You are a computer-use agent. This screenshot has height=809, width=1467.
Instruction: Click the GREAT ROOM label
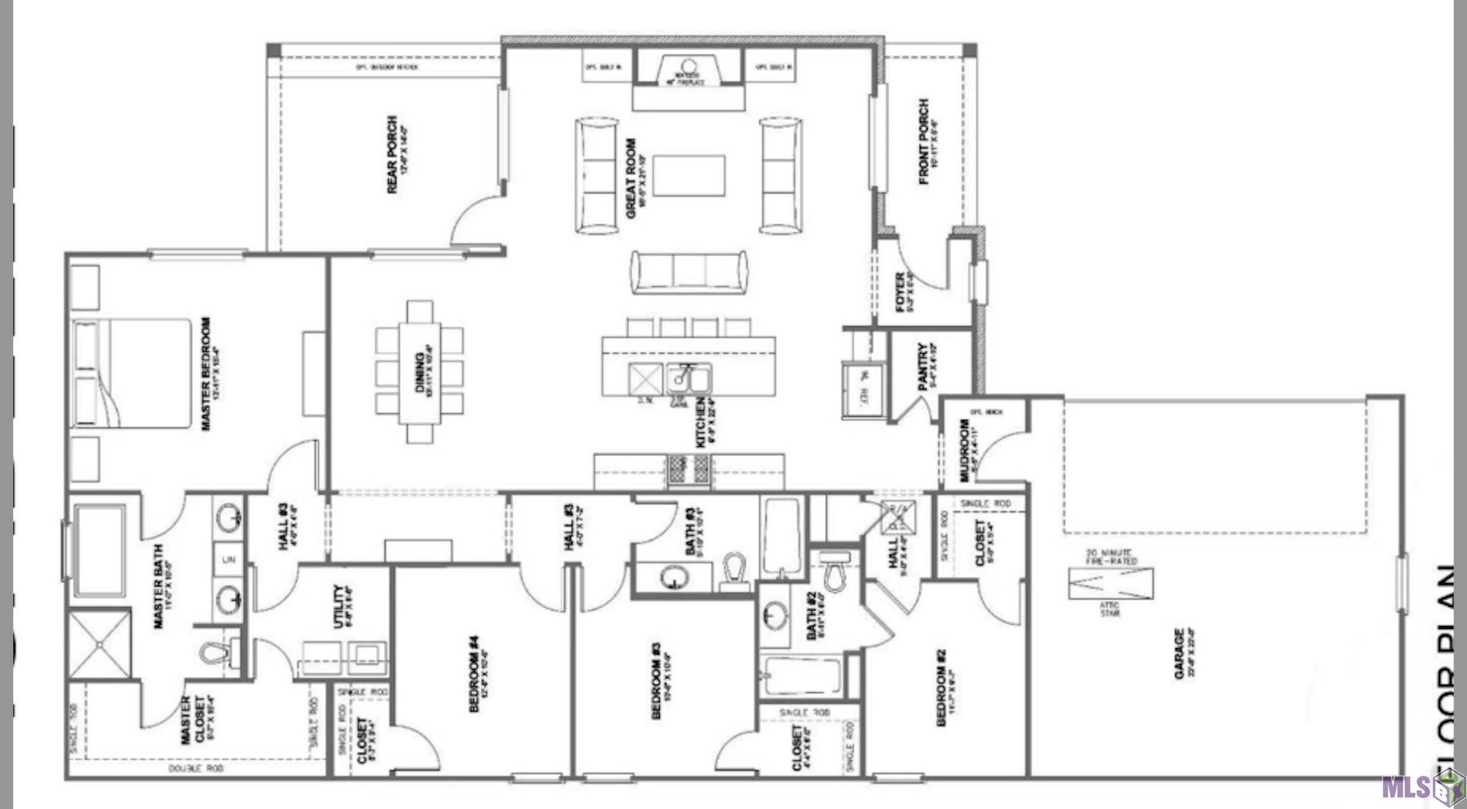[631, 178]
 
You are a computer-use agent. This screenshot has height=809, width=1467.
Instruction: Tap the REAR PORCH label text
[393, 154]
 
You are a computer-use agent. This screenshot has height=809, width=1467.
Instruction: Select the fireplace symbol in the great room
[688, 71]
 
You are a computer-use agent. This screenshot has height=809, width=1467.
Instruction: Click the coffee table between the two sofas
[689, 175]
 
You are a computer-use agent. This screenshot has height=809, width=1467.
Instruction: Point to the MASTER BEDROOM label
[207, 374]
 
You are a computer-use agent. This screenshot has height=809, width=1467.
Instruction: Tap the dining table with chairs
[420, 372]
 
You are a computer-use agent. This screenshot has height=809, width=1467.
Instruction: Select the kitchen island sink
[688, 378]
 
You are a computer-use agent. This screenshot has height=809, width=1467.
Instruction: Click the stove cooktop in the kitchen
[689, 470]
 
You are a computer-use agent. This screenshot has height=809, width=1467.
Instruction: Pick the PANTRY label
[923, 366]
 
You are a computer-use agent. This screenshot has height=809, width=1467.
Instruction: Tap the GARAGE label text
[1179, 653]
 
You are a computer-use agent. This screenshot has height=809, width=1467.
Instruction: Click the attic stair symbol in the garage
[1110, 583]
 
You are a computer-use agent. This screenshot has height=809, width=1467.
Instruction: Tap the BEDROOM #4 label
[474, 674]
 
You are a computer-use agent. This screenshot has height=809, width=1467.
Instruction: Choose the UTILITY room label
[339, 606]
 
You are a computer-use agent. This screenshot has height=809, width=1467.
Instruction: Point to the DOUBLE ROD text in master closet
[196, 769]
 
